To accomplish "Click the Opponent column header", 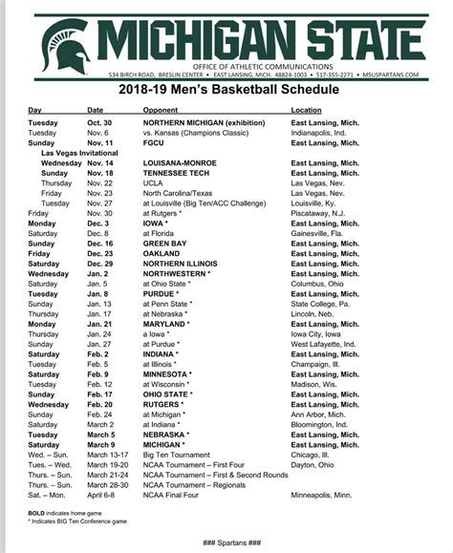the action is [x=163, y=111].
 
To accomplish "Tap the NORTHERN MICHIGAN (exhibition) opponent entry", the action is [x=205, y=123].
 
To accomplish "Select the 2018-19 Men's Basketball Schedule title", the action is [x=227, y=90].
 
